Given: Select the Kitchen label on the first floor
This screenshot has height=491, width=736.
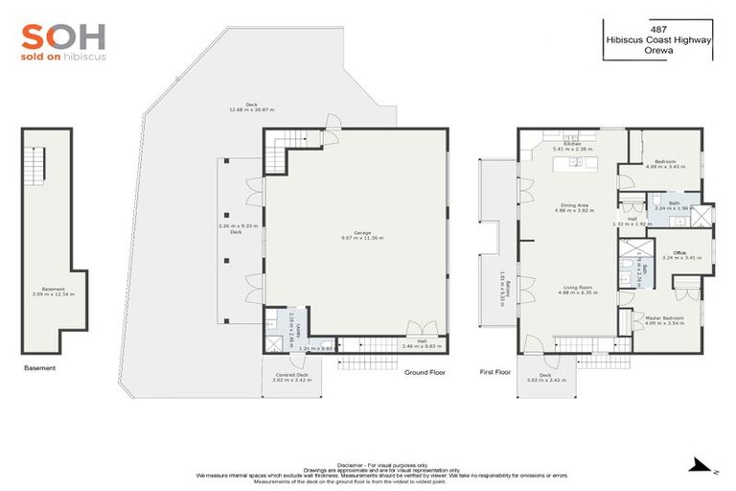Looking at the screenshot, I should point(573,146).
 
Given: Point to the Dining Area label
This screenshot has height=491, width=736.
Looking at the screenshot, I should point(574,209).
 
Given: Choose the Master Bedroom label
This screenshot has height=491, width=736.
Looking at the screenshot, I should point(663,319).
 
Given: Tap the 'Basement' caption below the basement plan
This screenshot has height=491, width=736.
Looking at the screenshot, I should point(40,367).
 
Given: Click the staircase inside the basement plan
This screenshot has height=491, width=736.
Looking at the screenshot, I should point(35,167).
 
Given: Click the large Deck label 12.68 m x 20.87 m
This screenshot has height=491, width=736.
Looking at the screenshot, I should point(252,107).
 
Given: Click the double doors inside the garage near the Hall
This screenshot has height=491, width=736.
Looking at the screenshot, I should point(415,329).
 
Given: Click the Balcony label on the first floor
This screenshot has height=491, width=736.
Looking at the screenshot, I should point(500,288).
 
